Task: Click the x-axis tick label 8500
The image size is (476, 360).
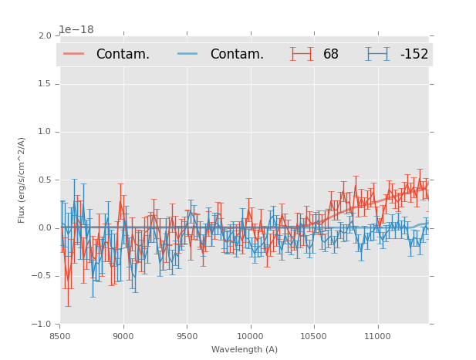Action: (59, 336)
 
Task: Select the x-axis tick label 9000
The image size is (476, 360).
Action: (123, 336)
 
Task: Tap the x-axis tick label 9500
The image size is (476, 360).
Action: (187, 336)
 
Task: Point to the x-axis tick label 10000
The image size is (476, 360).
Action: (250, 336)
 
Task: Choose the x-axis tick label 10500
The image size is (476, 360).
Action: (313, 336)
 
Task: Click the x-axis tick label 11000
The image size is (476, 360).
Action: (377, 336)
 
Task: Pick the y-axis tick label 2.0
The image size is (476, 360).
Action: (45, 35)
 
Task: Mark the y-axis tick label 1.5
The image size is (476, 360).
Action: (45, 83)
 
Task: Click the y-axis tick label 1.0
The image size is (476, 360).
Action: (45, 132)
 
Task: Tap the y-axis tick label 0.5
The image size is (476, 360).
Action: (45, 180)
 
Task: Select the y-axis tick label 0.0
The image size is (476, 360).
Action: (45, 228)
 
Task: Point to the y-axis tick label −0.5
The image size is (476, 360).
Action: (42, 276)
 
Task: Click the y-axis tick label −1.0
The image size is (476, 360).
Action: (42, 324)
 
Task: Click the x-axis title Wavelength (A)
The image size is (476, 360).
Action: (245, 350)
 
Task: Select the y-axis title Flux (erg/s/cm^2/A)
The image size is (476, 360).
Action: (22, 180)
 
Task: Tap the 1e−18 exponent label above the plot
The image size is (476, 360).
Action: (76, 30)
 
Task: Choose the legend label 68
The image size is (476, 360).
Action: (331, 54)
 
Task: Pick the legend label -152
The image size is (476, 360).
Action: (414, 54)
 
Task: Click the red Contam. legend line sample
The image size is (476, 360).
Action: (74, 54)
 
